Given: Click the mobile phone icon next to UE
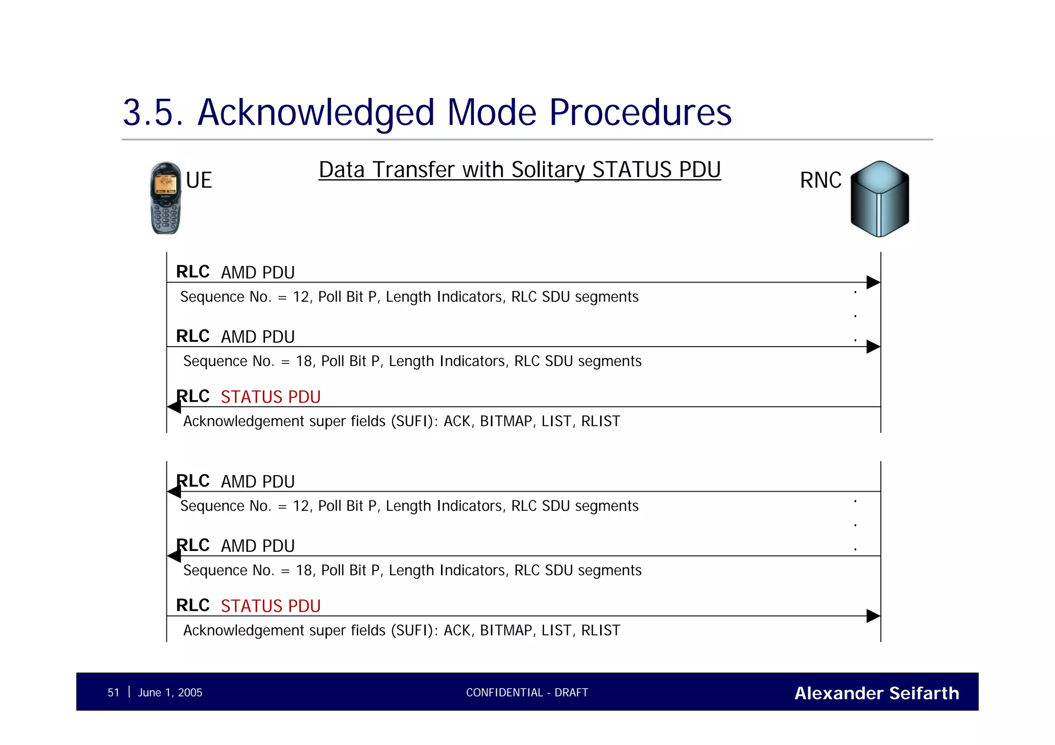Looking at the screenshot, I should click(165, 198).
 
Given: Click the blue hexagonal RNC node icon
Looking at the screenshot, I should click(879, 199).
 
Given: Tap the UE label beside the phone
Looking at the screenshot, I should click(199, 181).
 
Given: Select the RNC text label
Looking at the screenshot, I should click(820, 181).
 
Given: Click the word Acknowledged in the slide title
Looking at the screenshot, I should click(316, 113).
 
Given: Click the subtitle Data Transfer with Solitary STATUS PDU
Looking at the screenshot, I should click(519, 170).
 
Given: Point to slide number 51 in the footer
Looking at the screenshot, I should click(113, 692).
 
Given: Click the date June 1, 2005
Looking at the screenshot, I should click(170, 692).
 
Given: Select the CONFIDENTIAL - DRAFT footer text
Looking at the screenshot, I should click(527, 692).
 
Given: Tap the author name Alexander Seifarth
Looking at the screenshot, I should click(876, 693).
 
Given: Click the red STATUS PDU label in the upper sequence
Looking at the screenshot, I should click(270, 397).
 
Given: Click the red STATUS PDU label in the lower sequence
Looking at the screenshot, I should click(270, 606).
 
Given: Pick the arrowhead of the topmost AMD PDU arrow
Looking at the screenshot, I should click(873, 282).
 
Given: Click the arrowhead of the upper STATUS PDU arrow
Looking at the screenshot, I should click(174, 407).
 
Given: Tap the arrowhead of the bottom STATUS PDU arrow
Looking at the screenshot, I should click(873, 616).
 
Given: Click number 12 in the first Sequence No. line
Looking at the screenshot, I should click(301, 297).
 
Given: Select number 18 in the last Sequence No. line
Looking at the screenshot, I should click(304, 570).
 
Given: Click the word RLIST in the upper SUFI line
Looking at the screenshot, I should click(600, 422).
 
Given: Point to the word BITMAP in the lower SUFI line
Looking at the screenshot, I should click(506, 631).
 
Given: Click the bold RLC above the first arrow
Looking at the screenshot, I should click(193, 272).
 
